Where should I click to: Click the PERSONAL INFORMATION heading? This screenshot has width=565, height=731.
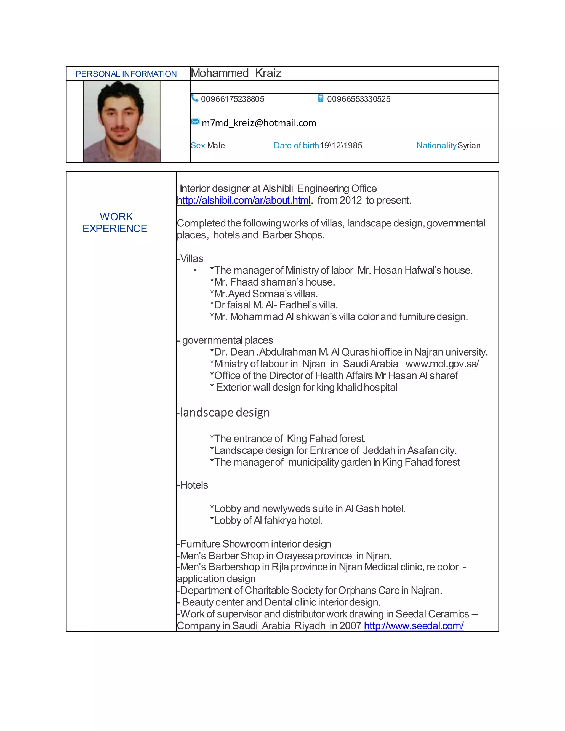[x=126, y=74]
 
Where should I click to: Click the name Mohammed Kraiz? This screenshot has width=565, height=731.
[x=236, y=73]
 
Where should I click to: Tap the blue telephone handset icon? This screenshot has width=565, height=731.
[x=194, y=98]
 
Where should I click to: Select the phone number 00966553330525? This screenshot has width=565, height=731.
[x=358, y=99]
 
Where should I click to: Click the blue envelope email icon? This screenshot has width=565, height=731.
[x=195, y=122]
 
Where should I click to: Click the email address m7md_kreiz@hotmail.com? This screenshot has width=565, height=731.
[x=259, y=123]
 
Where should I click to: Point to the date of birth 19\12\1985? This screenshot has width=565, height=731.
[x=341, y=146]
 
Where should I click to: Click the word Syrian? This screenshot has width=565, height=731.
[x=469, y=146]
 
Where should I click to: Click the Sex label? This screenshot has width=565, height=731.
[x=198, y=146]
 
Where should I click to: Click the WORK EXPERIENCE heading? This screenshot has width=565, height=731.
[x=115, y=223]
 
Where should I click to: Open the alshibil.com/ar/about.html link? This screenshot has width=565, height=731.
[x=243, y=201]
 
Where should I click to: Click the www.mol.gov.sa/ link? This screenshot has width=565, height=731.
[x=442, y=364]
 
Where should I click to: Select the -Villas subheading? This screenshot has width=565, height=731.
[x=190, y=258]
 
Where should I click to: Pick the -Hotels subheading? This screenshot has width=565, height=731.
[x=193, y=485]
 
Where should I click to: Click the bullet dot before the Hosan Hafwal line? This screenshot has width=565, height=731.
[x=195, y=270]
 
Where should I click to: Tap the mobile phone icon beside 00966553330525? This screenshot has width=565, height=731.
[x=320, y=98]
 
